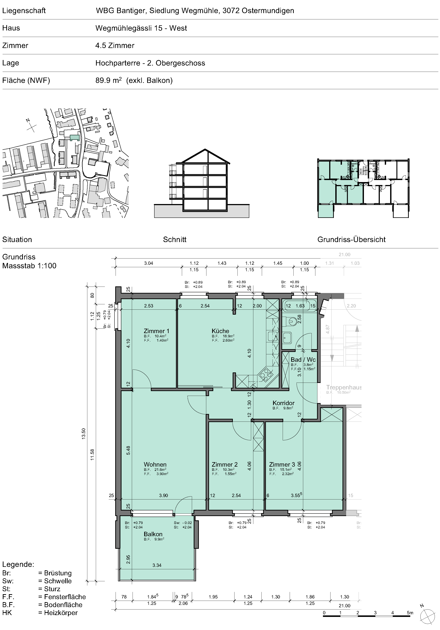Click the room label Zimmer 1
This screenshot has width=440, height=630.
156,331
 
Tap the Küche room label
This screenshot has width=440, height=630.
220,331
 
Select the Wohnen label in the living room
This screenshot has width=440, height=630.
155,465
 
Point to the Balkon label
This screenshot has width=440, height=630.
153,534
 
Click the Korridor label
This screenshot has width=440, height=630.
283,403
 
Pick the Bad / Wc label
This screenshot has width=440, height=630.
303,360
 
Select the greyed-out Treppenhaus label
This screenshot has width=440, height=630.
344,387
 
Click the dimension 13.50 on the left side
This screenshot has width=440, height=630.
84,434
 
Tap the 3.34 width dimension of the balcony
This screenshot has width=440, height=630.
157,565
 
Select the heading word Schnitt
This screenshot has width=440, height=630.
175,239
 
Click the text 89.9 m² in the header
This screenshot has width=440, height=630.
109,80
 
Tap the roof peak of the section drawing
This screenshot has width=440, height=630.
205,150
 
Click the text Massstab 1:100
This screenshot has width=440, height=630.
29,266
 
